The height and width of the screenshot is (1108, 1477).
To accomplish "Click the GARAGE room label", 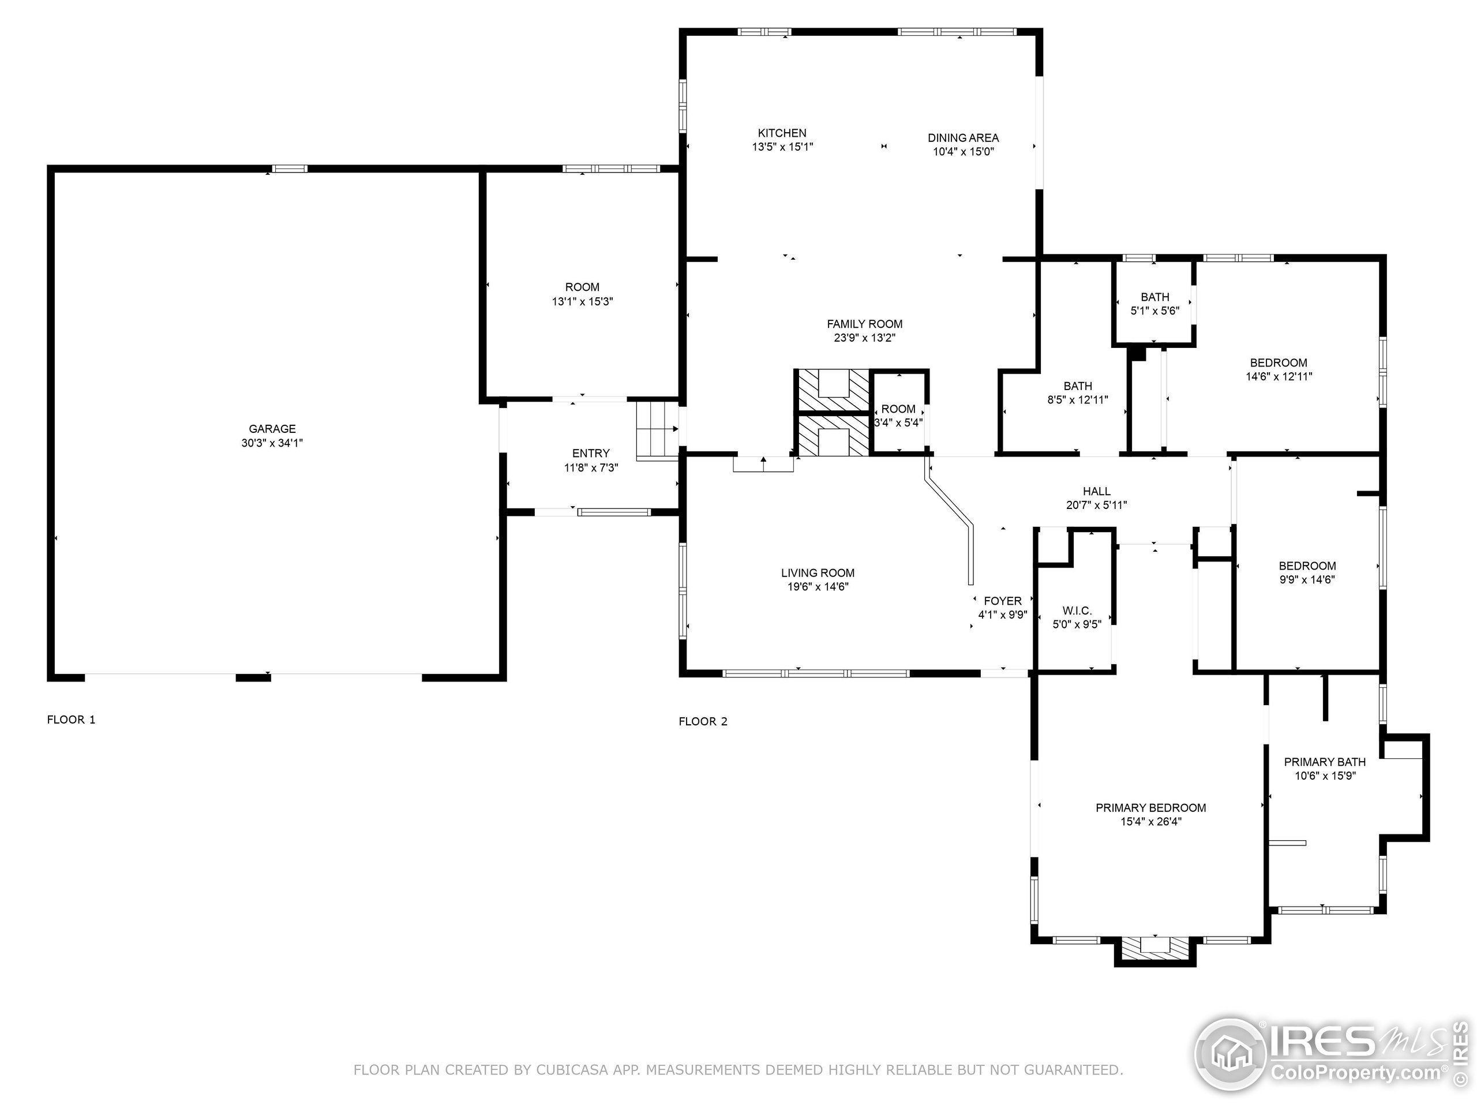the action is [272, 429].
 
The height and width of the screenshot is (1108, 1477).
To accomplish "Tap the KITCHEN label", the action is [782, 133].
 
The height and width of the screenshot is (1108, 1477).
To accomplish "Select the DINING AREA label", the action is [963, 137].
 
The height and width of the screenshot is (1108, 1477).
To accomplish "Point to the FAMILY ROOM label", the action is [864, 324].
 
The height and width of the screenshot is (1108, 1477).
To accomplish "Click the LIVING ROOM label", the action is [818, 572].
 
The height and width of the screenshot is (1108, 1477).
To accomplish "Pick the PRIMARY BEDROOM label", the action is [1150, 807].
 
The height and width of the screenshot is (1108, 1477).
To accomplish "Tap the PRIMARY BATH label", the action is [1325, 761].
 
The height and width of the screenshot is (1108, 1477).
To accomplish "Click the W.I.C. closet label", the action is [1077, 611].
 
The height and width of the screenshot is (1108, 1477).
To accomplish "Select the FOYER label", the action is [1002, 600].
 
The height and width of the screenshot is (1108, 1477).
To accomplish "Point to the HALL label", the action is [1096, 491].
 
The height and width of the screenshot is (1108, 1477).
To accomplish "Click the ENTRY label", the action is [590, 453].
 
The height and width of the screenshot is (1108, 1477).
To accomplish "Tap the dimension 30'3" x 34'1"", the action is [272, 443].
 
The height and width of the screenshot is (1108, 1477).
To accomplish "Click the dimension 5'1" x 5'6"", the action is [1154, 310].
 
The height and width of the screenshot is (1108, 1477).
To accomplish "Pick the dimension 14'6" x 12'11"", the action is [1279, 377].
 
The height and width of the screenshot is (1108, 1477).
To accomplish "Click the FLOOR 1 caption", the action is [71, 719].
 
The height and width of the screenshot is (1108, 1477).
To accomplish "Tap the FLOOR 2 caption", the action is [703, 721].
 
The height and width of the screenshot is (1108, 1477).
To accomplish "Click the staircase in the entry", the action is [658, 430].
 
